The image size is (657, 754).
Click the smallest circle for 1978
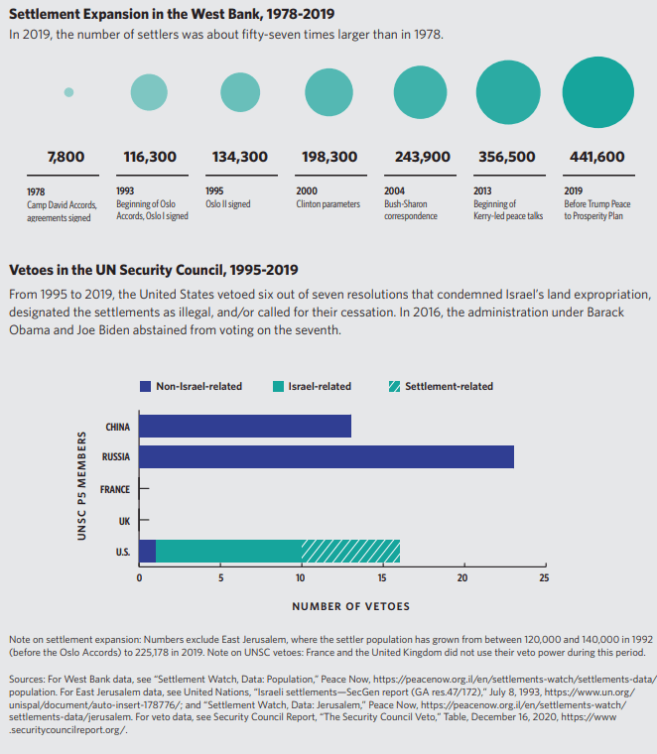coord(68,92)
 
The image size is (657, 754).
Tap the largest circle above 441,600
coord(597,92)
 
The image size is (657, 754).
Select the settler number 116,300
coord(150,156)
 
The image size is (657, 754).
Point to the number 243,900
coord(422,156)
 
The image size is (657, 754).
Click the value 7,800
coord(66,156)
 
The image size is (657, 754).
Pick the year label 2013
coord(482,191)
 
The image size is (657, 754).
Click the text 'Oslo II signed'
coord(227,204)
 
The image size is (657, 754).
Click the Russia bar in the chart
coord(327,457)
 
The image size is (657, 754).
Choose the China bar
coord(245,427)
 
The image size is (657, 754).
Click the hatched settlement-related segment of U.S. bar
coord(349,551)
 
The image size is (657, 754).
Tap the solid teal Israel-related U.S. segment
coord(228,551)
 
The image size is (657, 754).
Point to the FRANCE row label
coord(114,489)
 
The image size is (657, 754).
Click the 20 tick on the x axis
coord(462,576)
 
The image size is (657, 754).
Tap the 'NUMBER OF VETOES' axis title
coord(350,605)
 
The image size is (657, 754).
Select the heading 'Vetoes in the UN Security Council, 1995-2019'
coord(153,270)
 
